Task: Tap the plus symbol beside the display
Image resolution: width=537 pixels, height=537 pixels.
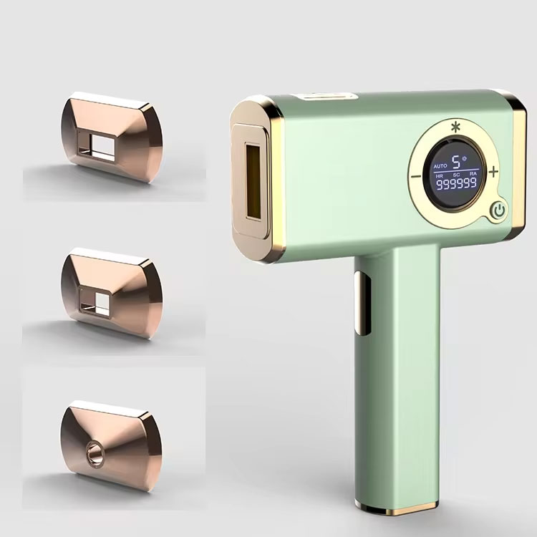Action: [x=493, y=172]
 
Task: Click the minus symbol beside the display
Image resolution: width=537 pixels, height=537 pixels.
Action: [x=416, y=177]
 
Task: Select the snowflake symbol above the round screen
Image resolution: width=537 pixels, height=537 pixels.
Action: [x=455, y=127]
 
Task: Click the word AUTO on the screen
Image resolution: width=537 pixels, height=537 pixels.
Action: [x=440, y=166]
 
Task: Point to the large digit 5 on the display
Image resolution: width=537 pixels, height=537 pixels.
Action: [x=456, y=162]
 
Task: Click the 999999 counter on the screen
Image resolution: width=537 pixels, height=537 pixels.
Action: [x=456, y=184]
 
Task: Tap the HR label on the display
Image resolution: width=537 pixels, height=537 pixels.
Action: [x=439, y=175]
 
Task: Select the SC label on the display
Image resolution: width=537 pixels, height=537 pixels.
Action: [x=456, y=175]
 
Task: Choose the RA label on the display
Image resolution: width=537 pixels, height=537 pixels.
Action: [x=473, y=174]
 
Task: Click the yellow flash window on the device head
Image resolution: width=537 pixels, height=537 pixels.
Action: [x=253, y=181]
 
